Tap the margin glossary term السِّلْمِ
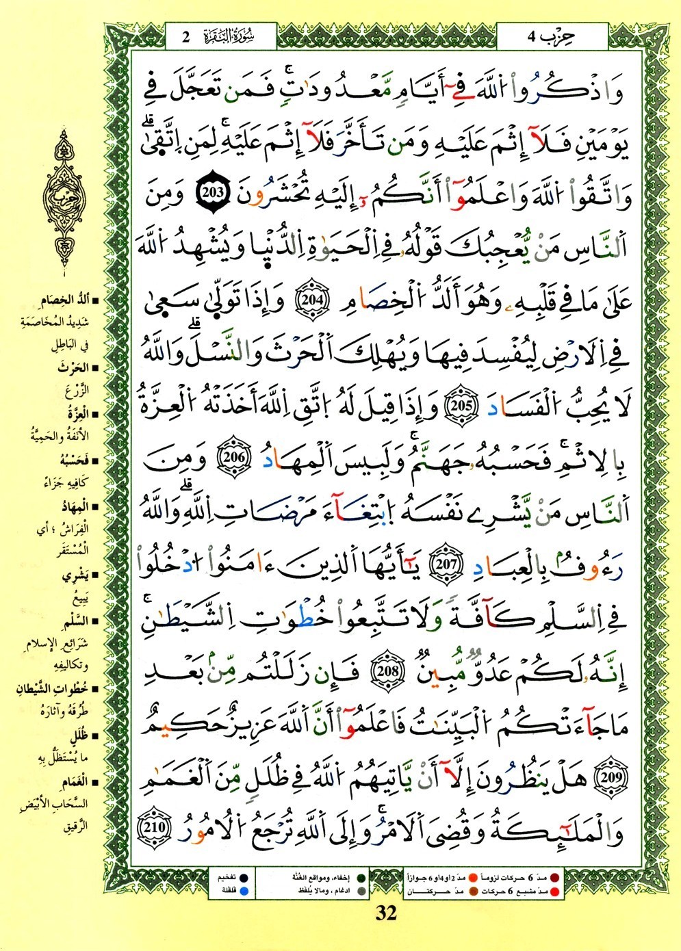tap(73, 621)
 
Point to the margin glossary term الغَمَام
tap(73, 782)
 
